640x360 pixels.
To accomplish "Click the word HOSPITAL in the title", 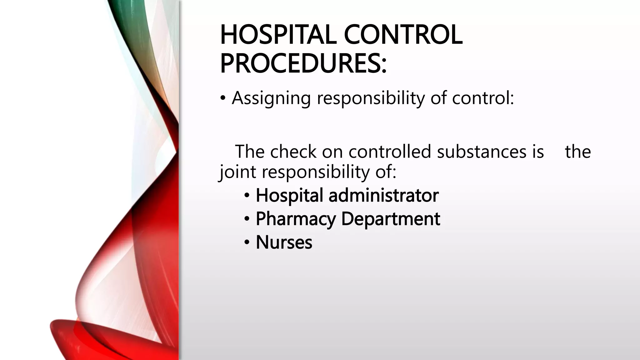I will click(x=278, y=35).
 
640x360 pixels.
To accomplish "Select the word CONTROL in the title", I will click(x=403, y=35).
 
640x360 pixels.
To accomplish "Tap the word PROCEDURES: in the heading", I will click(x=303, y=63).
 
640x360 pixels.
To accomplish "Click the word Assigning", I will click(x=271, y=98).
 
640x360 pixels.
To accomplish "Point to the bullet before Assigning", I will click(x=222, y=98).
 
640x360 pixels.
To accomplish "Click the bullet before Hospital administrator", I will click(x=247, y=196).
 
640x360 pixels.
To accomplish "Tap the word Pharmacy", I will click(x=295, y=219).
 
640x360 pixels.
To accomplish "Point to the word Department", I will click(x=390, y=219).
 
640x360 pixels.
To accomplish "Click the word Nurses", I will click(x=284, y=242).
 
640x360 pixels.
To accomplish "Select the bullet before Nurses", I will click(x=247, y=242).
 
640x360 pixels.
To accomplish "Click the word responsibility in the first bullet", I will click(x=371, y=98).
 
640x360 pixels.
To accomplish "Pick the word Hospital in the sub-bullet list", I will click(x=289, y=195).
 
